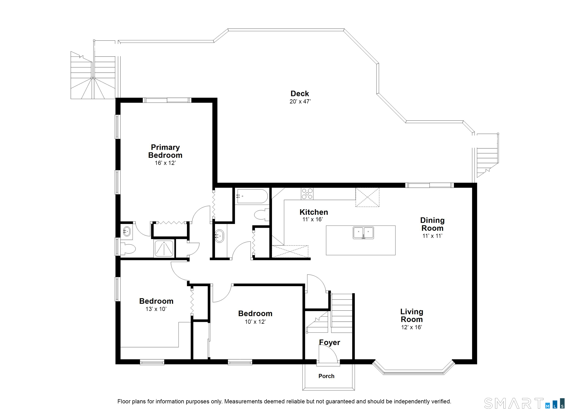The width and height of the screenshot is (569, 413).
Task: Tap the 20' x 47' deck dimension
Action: coord(300,101)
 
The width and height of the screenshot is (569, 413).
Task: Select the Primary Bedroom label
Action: coord(165,151)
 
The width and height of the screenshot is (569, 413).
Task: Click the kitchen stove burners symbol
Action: coord(307,194)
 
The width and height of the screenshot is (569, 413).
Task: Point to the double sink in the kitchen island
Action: coord(363,233)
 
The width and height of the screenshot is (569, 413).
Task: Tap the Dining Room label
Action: coord(432,224)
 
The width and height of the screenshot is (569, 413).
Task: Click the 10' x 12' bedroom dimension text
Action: coord(255,322)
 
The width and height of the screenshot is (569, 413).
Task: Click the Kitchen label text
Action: coord(314,212)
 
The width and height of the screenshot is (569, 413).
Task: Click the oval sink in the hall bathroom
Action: coord(219,236)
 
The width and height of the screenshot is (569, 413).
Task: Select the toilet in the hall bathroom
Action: coord(262,215)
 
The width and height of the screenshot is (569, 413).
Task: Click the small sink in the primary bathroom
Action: coord(127,231)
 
